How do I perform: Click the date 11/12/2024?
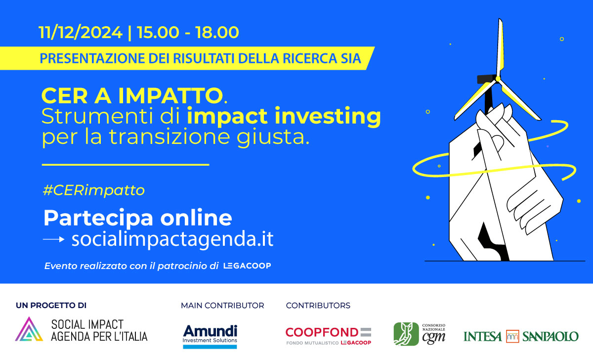pyautogui.click(x=81, y=32)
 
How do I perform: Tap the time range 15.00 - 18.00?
pyautogui.click(x=188, y=32)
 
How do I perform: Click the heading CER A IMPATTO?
pyautogui.click(x=132, y=95)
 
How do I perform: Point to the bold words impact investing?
pyautogui.click(x=284, y=117)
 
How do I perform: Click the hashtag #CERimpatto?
pyautogui.click(x=94, y=190)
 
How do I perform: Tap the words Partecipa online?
pyautogui.click(x=138, y=218)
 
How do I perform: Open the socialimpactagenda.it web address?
pyautogui.click(x=172, y=239)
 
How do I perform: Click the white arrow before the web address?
pyautogui.click(x=54, y=239)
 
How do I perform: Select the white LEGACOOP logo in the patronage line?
pyautogui.click(x=247, y=266)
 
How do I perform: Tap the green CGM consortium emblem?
pyautogui.click(x=406, y=334)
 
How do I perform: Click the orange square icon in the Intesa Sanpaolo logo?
pyautogui.click(x=512, y=336)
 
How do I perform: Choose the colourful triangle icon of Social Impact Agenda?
pyautogui.click(x=29, y=330)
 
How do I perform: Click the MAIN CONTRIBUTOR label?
pyautogui.click(x=222, y=306)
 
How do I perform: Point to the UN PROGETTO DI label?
pyautogui.click(x=51, y=306)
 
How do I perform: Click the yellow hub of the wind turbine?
pyautogui.click(x=498, y=79)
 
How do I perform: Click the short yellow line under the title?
pyautogui.click(x=126, y=165)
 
